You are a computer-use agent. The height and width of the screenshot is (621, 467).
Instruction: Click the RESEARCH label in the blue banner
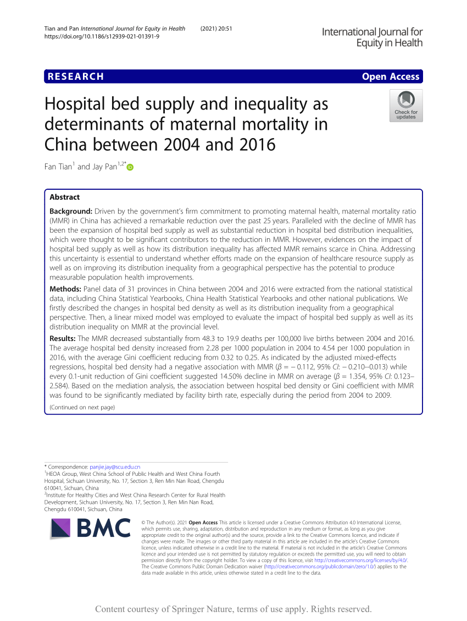(76, 76)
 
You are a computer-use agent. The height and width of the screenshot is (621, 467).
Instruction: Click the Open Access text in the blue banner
(390, 76)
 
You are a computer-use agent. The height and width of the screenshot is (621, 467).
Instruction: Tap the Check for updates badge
(406, 105)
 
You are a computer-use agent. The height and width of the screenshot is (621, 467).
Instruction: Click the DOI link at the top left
(102, 36)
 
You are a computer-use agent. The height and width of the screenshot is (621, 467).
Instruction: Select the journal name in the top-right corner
(372, 37)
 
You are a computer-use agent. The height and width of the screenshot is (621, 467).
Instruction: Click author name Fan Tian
(58, 167)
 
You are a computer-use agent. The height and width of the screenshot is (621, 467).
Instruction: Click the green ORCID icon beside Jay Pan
(130, 167)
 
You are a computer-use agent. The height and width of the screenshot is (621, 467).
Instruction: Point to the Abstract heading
(65, 197)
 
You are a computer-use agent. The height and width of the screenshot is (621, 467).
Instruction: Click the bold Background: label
(71, 211)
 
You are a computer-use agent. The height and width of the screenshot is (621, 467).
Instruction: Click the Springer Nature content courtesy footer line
(233, 609)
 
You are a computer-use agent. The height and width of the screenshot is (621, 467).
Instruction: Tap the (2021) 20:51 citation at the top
(216, 29)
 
